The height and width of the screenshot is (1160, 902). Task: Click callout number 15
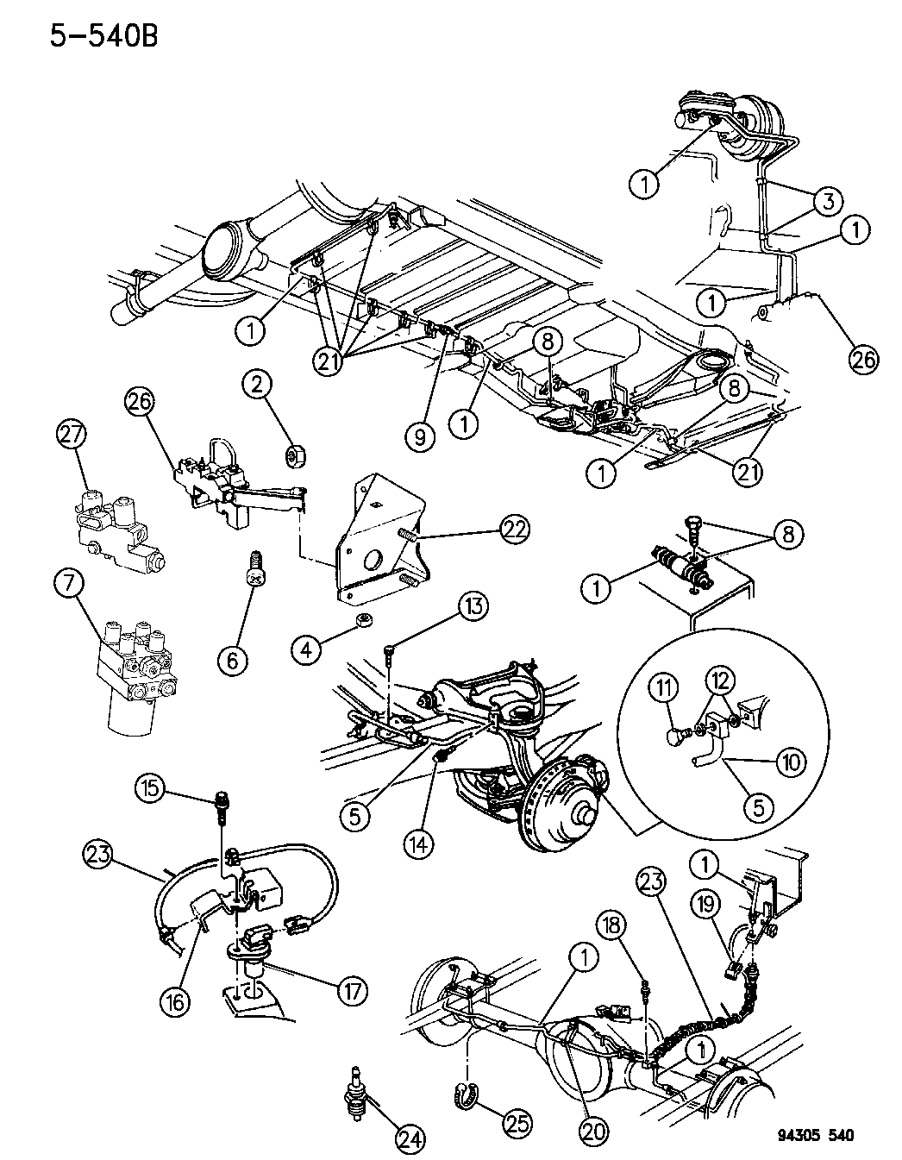[151, 787]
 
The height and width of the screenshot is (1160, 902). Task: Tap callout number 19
[705, 905]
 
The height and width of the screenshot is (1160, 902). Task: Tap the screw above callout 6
[254, 561]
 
